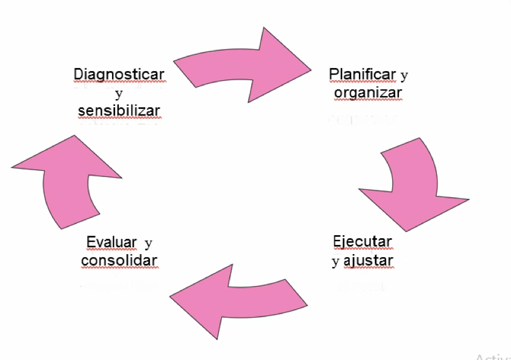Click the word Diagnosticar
pyautogui.click(x=119, y=74)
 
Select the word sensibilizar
pyautogui.click(x=119, y=111)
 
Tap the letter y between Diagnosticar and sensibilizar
pyautogui.click(x=118, y=94)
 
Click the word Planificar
pyautogui.click(x=363, y=74)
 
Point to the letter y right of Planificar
pyautogui.click(x=404, y=75)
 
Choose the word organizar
pyautogui.click(x=368, y=92)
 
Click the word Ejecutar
pyautogui.click(x=362, y=241)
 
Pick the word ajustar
pyautogui.click(x=368, y=261)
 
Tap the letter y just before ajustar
pyautogui.click(x=335, y=262)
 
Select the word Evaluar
pyautogui.click(x=112, y=242)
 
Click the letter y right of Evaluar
pyautogui.click(x=148, y=243)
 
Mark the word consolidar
pyautogui.click(x=119, y=260)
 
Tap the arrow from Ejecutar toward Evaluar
pyautogui.click(x=239, y=299)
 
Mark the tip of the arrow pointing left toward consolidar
pyautogui.click(x=172, y=299)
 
